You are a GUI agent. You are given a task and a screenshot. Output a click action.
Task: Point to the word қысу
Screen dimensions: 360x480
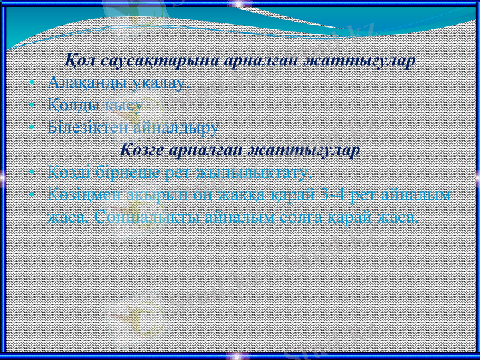pyautogui.click(x=124, y=105)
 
